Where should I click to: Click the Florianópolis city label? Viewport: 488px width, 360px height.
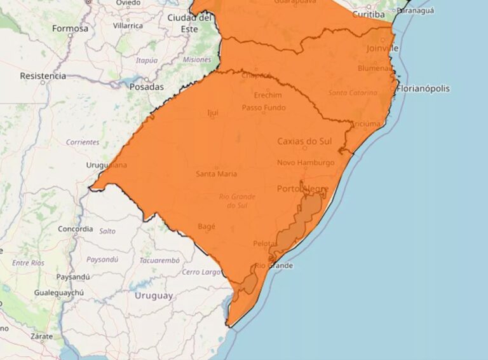coord(423,88)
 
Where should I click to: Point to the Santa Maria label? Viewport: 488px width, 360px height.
coord(217,174)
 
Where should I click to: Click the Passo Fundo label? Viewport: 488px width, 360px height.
coord(264,107)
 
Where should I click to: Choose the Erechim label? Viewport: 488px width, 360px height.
coord(268,95)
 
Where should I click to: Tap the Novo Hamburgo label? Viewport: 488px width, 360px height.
coord(306,163)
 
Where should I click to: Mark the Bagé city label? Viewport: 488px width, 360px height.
coord(207,226)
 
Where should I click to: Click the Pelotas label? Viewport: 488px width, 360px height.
coord(265,244)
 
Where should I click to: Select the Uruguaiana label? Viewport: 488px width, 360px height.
coord(106,165)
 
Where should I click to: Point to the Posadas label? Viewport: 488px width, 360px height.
coord(146,87)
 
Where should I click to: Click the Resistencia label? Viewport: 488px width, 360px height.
coord(43,76)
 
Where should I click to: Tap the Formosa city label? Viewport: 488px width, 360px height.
coord(70,28)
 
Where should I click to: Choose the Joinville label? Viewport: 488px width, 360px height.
coord(383,48)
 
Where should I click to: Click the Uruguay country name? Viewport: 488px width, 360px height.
coord(153,296)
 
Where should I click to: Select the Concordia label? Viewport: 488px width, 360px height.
coord(76,229)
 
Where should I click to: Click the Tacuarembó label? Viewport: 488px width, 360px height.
coord(159,260)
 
